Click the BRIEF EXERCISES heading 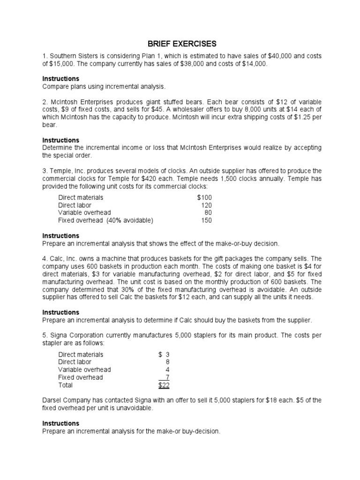(182, 44)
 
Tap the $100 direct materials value (204, 198)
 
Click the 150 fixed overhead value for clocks (206, 220)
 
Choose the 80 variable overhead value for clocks (208, 213)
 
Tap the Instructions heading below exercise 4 (61, 312)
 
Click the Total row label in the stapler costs (66, 385)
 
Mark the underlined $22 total (164, 385)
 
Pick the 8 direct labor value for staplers (167, 362)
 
